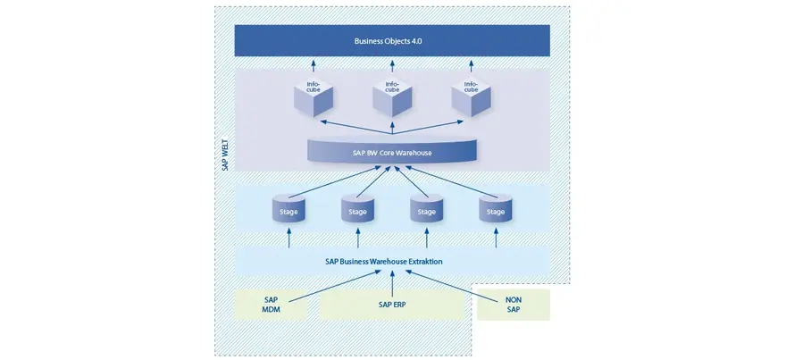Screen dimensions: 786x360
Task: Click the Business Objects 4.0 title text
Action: click(x=388, y=41)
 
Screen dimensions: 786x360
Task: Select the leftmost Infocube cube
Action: click(x=314, y=97)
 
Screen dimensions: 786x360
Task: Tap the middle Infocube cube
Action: click(x=392, y=97)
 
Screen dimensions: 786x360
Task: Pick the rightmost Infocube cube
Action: click(x=472, y=97)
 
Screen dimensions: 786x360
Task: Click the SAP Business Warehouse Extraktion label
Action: click(x=384, y=261)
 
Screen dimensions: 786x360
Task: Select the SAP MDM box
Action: click(x=271, y=305)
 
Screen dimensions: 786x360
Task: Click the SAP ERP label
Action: click(x=392, y=304)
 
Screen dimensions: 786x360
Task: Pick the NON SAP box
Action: click(x=514, y=305)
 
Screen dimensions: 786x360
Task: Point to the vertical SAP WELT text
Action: click(x=226, y=155)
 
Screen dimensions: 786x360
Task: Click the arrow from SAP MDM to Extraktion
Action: click(x=335, y=286)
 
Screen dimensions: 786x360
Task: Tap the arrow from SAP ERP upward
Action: click(x=392, y=283)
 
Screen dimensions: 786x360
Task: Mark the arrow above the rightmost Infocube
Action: click(x=472, y=66)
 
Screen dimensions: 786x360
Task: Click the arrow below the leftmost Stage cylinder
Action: click(x=288, y=239)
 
